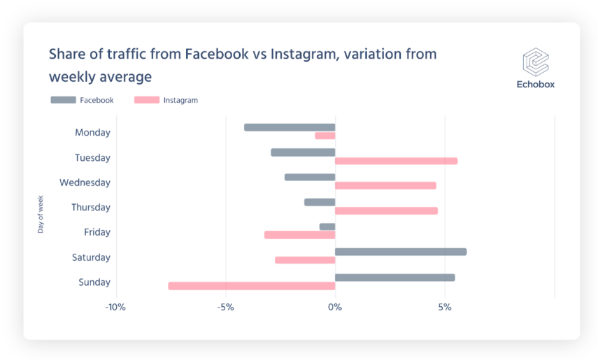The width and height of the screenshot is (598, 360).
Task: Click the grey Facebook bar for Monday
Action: [x=290, y=127]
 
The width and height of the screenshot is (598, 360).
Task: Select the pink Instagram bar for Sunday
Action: [x=252, y=286]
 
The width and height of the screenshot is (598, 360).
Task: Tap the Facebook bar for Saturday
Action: [x=400, y=252]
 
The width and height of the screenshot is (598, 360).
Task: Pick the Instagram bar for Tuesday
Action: [x=396, y=161]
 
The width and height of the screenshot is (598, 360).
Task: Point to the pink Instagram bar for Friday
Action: [x=299, y=235]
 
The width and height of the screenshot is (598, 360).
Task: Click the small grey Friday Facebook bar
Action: [x=327, y=226]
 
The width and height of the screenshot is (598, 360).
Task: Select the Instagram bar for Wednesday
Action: [x=385, y=186]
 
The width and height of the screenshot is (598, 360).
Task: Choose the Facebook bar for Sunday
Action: [x=394, y=278]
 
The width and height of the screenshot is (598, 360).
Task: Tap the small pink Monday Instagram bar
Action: [x=325, y=136]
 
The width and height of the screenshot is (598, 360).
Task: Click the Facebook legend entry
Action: [x=83, y=100]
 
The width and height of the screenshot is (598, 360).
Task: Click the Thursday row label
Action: [x=91, y=208]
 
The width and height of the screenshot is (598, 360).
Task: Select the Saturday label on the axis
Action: [x=91, y=257]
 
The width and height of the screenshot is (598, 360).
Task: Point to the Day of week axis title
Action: [x=41, y=214]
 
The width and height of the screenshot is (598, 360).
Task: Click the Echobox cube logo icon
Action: [x=536, y=62]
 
